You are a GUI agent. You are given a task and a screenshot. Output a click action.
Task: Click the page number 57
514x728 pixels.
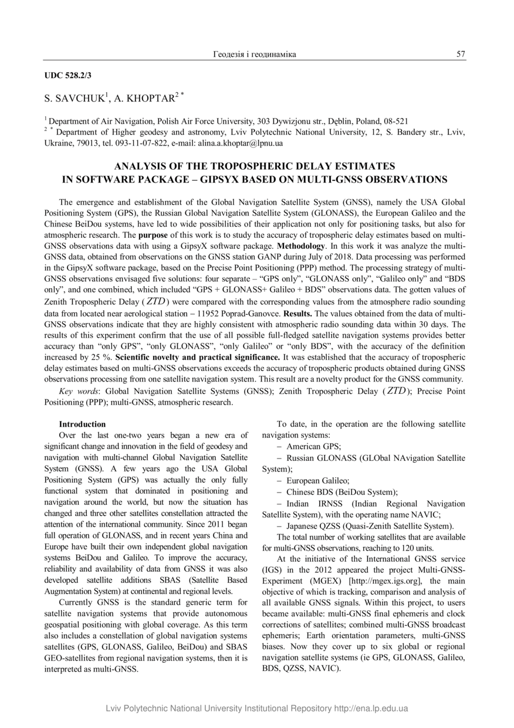click(x=461, y=55)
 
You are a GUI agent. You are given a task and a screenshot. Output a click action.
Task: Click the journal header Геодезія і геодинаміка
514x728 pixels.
click(x=254, y=55)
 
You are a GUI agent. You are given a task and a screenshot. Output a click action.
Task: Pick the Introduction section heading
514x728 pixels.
click(x=83, y=424)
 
